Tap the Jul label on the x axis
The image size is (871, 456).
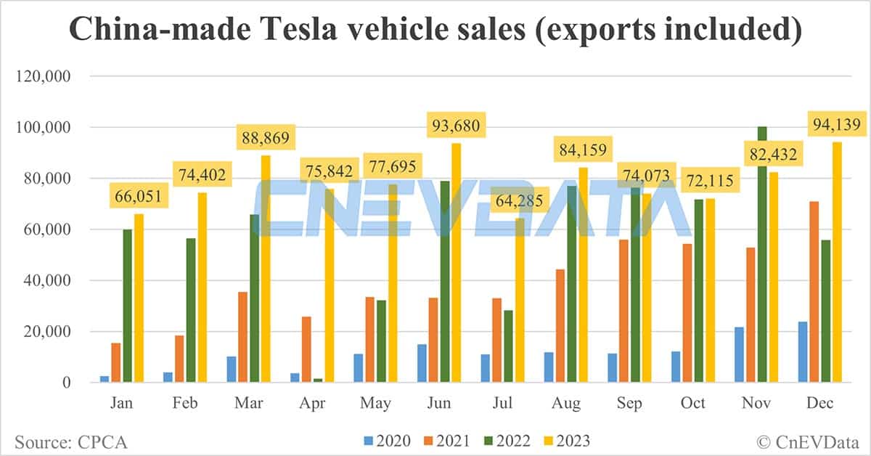(505, 404)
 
